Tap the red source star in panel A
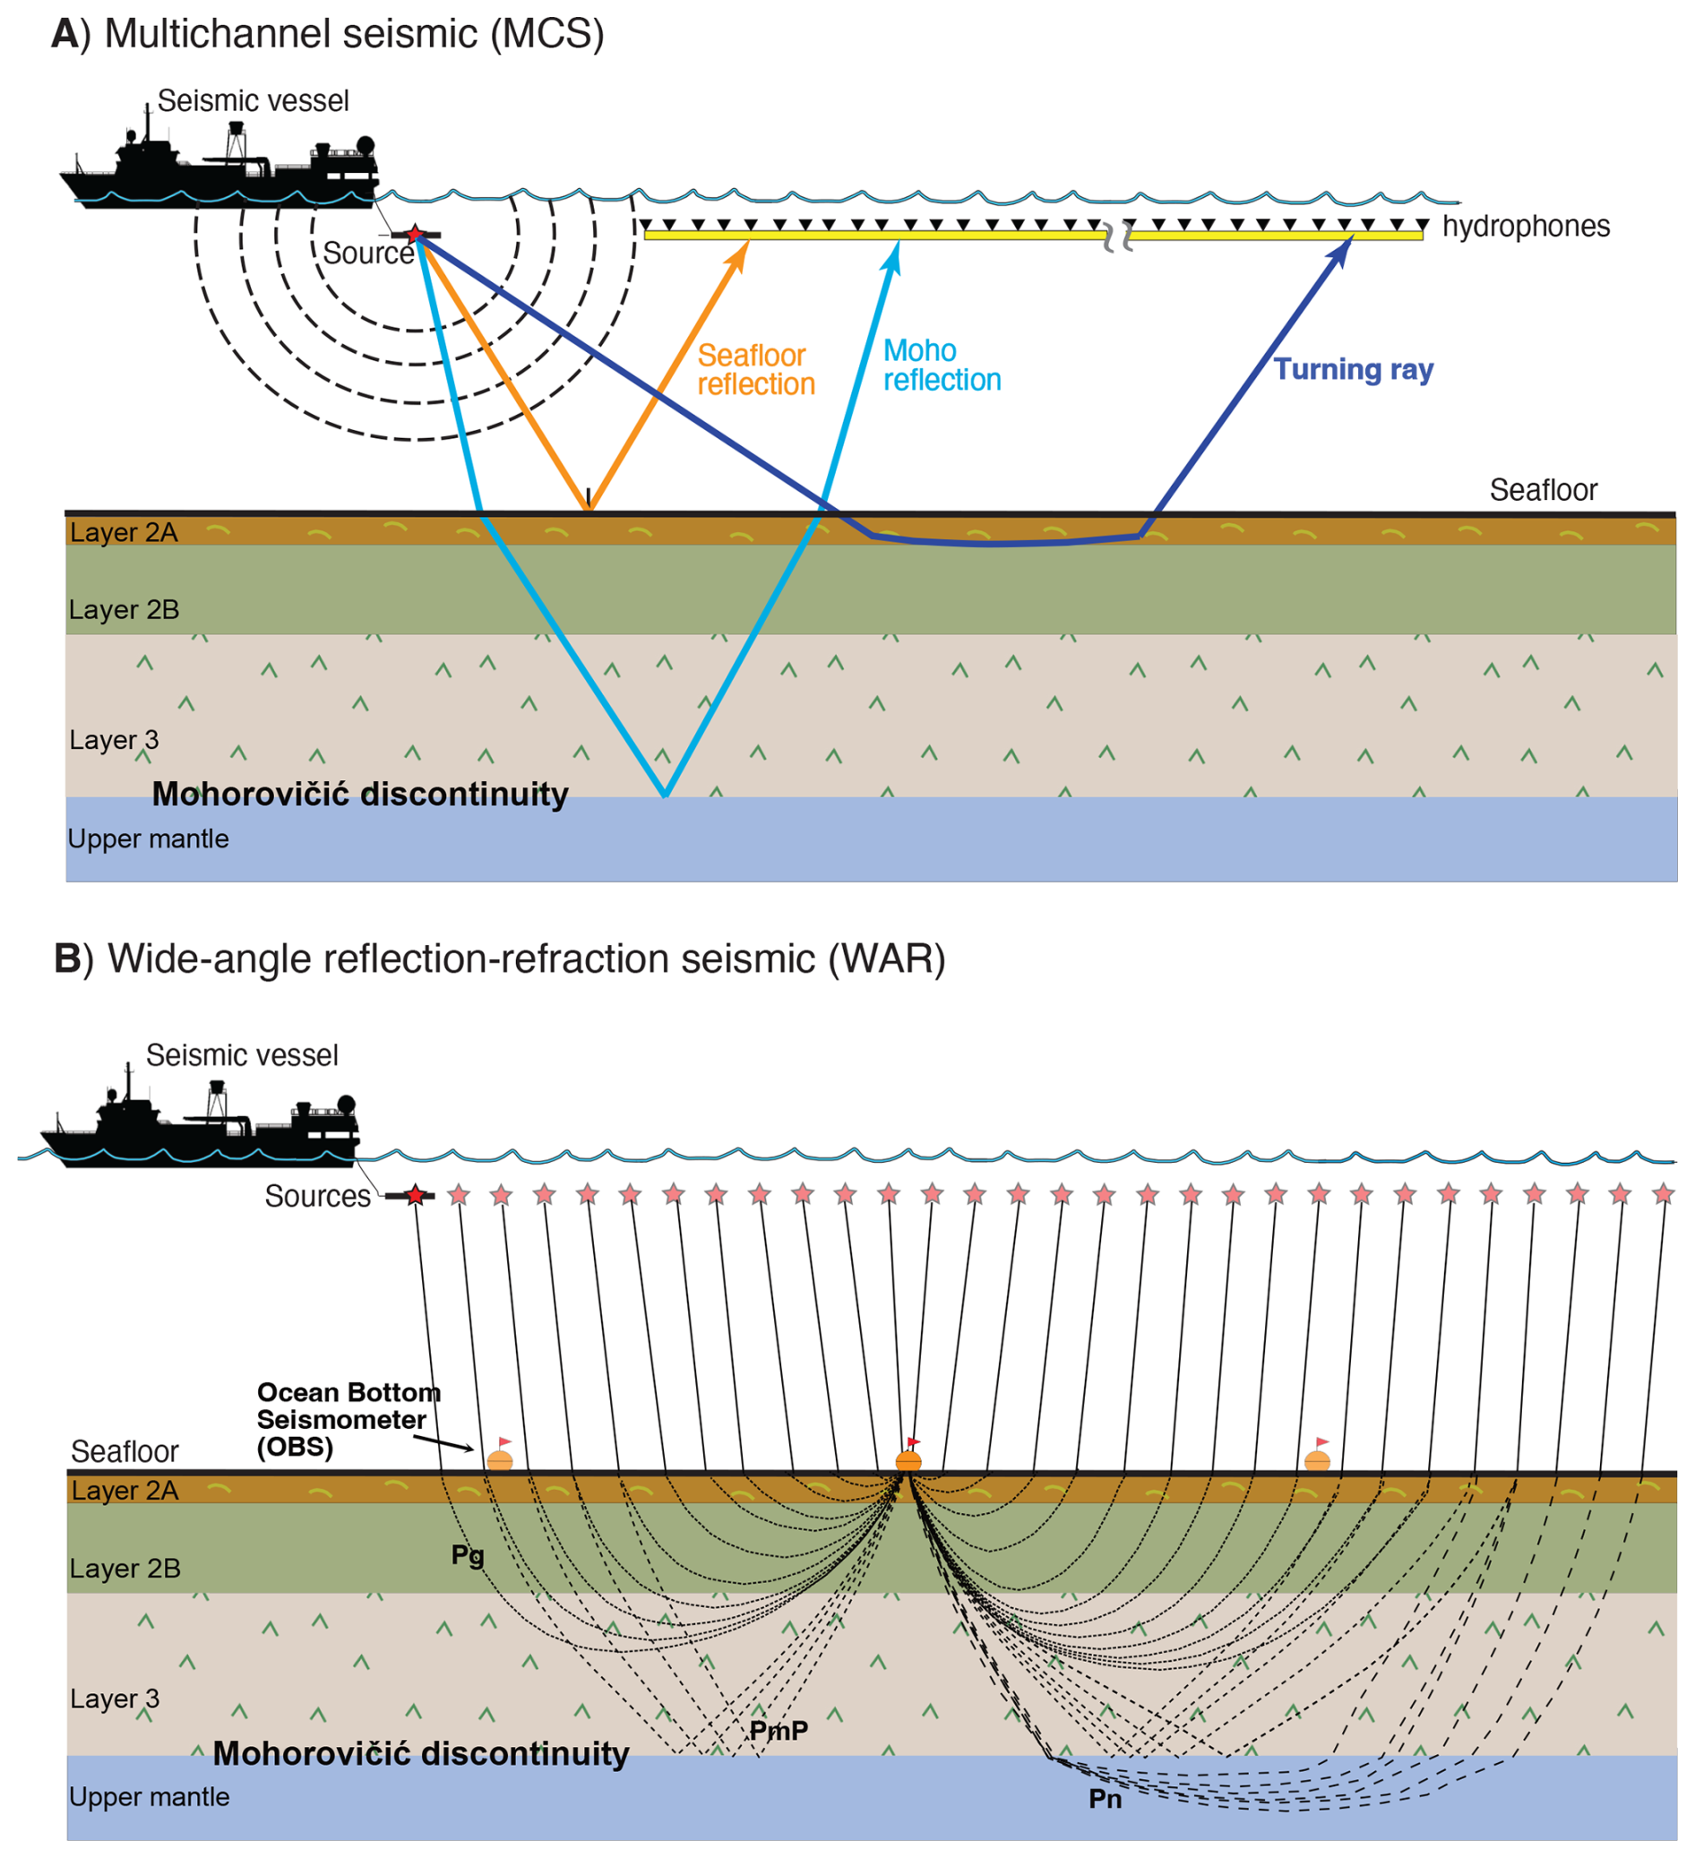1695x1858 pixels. click(416, 234)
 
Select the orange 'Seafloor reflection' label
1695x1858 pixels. click(756, 370)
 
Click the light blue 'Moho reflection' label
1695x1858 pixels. click(941, 365)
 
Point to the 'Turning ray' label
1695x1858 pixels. click(1352, 370)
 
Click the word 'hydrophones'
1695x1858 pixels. click(1526, 227)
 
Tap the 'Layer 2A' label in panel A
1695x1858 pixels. click(124, 533)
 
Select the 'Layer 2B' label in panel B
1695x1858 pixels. click(125, 1569)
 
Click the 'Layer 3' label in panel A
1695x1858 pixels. click(115, 740)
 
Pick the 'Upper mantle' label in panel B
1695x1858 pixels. click(150, 1797)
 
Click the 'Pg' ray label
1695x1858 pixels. click(468, 1556)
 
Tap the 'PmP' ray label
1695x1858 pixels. click(779, 1731)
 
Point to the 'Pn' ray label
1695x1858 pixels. click(1106, 1799)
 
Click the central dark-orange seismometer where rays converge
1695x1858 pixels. click(908, 1461)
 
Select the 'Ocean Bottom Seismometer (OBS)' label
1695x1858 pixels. click(348, 1419)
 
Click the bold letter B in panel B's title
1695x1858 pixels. click(67, 959)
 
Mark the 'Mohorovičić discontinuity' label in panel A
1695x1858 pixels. click(359, 795)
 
